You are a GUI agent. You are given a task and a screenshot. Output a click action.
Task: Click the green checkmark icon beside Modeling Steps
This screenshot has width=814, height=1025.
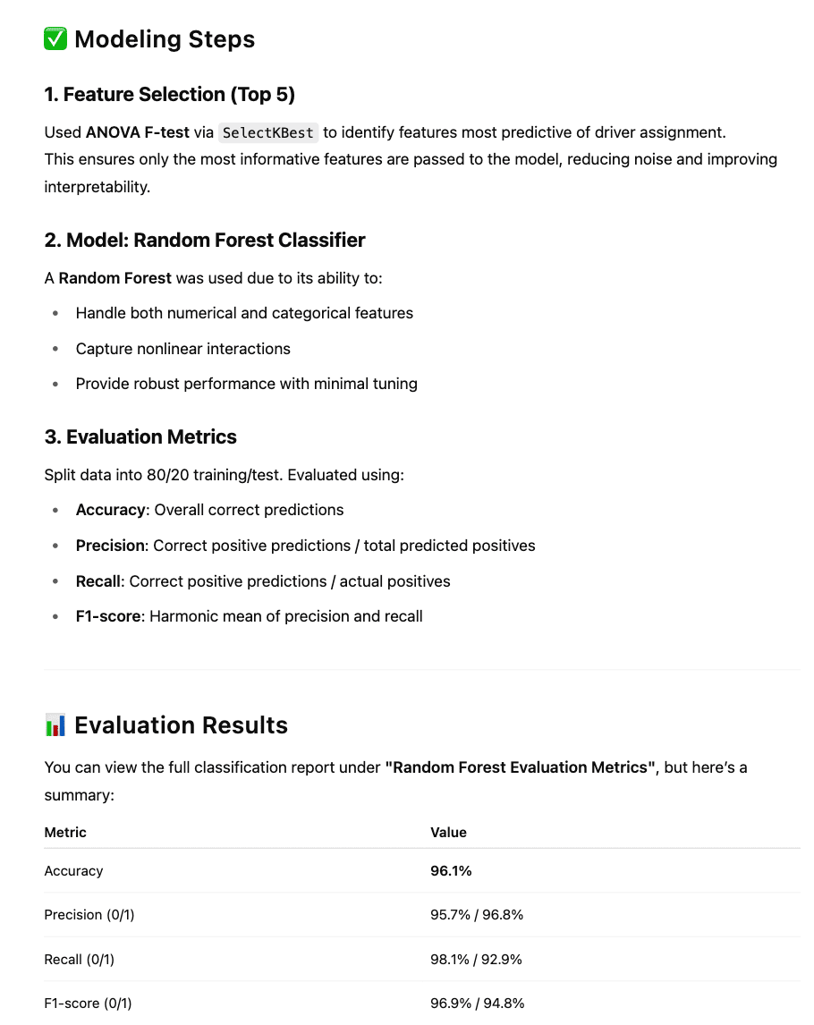(x=55, y=39)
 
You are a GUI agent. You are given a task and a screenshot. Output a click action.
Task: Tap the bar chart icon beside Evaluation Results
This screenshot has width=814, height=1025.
(x=55, y=724)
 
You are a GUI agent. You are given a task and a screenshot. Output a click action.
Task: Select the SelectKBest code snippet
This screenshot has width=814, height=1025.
(x=268, y=132)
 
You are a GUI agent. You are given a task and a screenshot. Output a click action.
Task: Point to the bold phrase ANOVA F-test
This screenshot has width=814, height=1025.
(x=138, y=132)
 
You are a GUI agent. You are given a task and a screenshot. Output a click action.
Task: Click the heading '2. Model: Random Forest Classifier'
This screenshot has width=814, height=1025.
(x=205, y=240)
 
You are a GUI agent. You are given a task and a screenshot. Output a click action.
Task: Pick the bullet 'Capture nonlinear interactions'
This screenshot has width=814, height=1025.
(x=182, y=349)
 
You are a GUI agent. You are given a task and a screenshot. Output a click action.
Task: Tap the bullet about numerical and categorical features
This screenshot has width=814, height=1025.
(x=244, y=313)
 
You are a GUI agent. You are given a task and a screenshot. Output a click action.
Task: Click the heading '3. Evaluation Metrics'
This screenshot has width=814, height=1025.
(x=140, y=436)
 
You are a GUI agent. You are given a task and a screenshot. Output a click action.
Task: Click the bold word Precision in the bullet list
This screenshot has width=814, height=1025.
(x=110, y=546)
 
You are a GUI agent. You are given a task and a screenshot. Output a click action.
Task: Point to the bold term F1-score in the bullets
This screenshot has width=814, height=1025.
(x=108, y=616)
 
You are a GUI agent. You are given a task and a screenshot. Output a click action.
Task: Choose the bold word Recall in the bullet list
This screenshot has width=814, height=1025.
(x=98, y=581)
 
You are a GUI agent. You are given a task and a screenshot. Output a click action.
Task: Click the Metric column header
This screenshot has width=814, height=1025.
(x=65, y=832)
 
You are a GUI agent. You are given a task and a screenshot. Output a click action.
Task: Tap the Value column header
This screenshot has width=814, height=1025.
(x=448, y=832)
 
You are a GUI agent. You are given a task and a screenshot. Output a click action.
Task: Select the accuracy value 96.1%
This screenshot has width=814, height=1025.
(x=451, y=871)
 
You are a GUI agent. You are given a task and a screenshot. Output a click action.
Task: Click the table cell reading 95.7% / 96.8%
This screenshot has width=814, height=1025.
(x=477, y=915)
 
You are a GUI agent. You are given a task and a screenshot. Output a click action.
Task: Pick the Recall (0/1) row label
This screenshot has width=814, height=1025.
(x=80, y=960)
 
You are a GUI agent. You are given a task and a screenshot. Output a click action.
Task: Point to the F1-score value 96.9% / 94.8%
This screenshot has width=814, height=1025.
(x=477, y=1004)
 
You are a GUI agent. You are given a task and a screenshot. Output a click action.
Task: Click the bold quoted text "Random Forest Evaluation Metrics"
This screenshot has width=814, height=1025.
(x=521, y=767)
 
